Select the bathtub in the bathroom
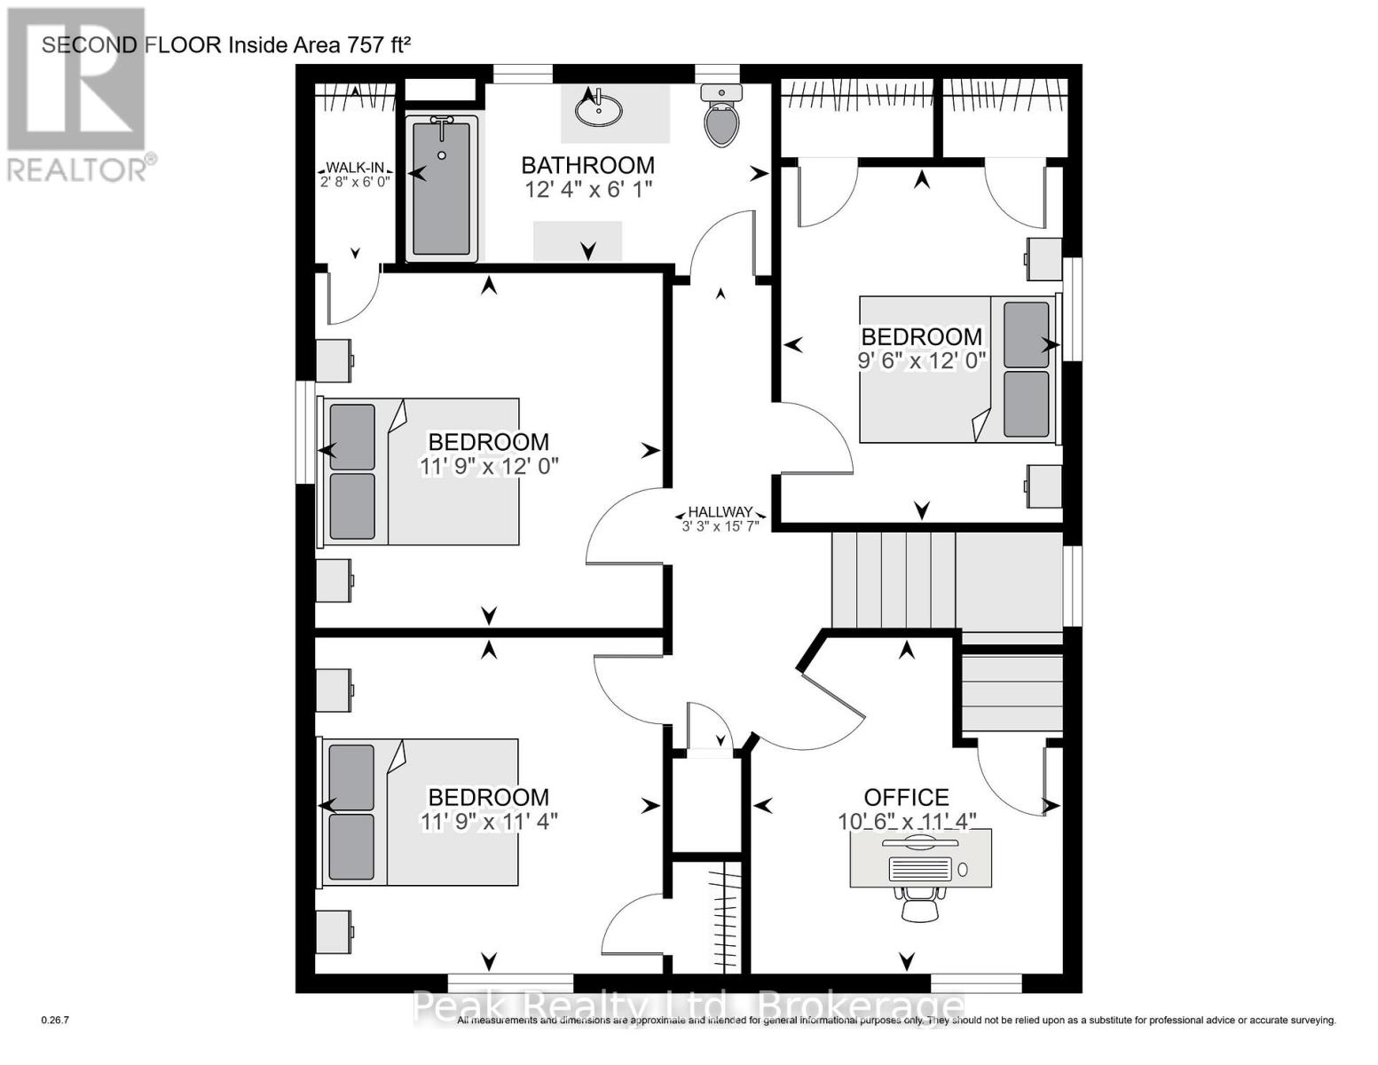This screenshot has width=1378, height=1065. tap(442, 188)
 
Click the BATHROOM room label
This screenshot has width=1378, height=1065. tap(587, 165)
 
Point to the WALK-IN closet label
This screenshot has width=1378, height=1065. tap(355, 168)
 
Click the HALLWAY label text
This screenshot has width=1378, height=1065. tap(720, 512)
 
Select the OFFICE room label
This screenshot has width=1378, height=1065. tap(906, 797)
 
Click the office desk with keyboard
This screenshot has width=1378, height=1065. tap(920, 858)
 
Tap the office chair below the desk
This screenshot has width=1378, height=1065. tap(919, 905)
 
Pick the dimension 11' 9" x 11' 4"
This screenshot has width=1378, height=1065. tap(489, 822)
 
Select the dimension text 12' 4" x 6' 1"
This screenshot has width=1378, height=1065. tap(588, 189)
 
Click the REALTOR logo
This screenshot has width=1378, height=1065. tap(77, 94)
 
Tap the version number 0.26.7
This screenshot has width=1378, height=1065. tap(55, 1021)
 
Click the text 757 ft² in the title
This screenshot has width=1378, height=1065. tap(378, 44)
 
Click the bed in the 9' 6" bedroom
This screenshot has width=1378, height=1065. tap(958, 369)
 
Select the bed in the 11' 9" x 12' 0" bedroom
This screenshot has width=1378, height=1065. tap(421, 471)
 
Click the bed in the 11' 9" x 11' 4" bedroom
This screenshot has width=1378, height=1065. tap(421, 811)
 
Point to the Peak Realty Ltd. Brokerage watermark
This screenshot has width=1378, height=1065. tap(689, 1007)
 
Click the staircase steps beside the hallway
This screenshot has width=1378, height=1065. tap(892, 579)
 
